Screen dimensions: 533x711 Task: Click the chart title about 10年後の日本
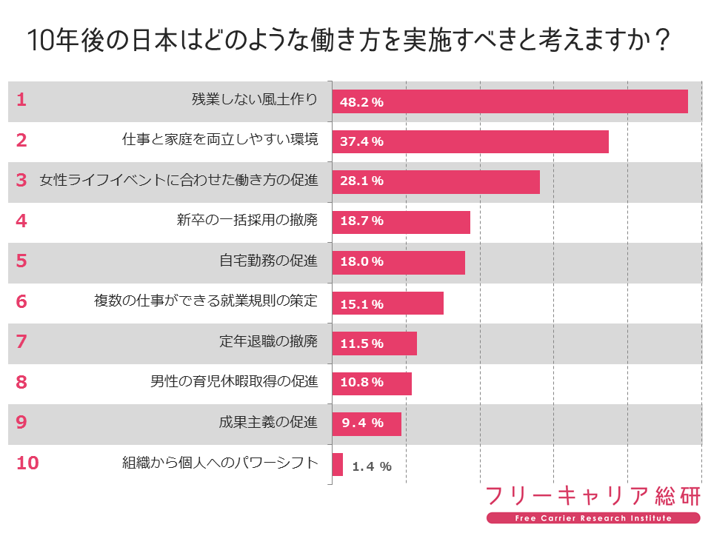pyautogui.click(x=349, y=41)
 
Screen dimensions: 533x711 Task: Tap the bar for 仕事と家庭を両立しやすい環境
pyautogui.click(x=470, y=141)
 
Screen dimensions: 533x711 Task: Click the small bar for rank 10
pyautogui.click(x=338, y=464)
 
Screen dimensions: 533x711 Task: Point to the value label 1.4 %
pyautogui.click(x=371, y=466)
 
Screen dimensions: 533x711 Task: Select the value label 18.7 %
pyautogui.click(x=361, y=221)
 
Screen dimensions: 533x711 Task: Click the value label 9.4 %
pyautogui.click(x=362, y=423)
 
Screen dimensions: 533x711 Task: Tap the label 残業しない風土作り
pyautogui.click(x=255, y=101)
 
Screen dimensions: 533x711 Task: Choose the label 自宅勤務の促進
pyautogui.click(x=269, y=261)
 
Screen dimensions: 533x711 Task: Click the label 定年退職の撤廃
pyautogui.click(x=269, y=342)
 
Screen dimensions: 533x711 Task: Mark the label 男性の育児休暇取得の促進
pyautogui.click(x=234, y=382)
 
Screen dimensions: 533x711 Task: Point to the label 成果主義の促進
pyautogui.click(x=269, y=423)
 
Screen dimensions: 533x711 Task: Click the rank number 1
pyautogui.click(x=21, y=101)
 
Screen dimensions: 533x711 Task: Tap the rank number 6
pyautogui.click(x=21, y=302)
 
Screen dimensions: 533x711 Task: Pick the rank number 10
pyautogui.click(x=27, y=463)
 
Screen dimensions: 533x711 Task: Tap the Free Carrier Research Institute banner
pyautogui.click(x=592, y=518)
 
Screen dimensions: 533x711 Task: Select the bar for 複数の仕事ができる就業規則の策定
pyautogui.click(x=387, y=303)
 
